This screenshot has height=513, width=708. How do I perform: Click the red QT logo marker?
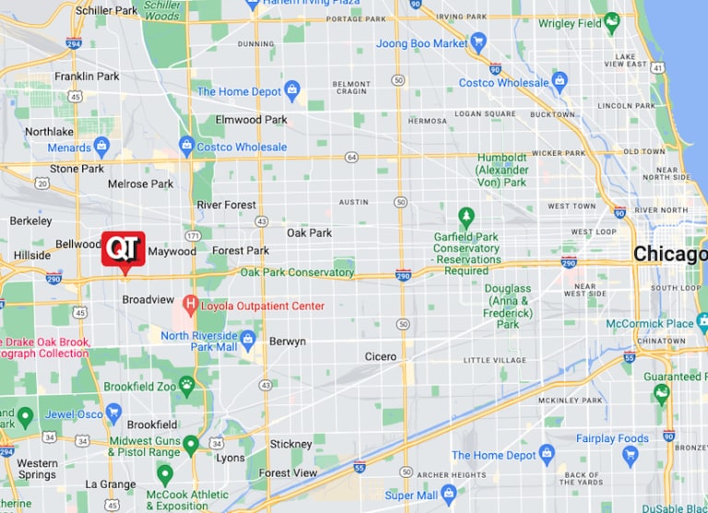pos(123,249)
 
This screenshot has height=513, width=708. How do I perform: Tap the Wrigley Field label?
pos(570,23)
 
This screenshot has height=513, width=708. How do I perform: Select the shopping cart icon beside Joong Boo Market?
pos(478,42)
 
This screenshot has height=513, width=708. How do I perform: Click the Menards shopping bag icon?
pos(101,146)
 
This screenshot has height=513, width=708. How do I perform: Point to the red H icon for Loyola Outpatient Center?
pos(190,304)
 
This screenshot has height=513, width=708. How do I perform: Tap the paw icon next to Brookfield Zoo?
pos(187,385)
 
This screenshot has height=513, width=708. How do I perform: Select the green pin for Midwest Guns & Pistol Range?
pos(191,445)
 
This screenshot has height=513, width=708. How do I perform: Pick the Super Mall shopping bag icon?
pos(449,495)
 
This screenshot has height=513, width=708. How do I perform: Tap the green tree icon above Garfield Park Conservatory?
pos(466,217)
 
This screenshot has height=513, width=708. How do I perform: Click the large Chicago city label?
pos(670,254)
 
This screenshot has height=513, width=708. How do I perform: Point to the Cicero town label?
pos(380,356)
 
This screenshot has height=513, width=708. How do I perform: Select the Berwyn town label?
pos(287,341)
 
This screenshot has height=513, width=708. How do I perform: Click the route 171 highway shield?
pos(192,237)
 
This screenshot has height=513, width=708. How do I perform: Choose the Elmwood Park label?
pos(251,120)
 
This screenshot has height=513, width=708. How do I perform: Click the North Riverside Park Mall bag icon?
pos(247,337)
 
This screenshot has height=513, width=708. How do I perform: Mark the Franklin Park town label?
pos(87,76)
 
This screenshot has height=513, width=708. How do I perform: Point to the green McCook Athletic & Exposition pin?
pos(165,474)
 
